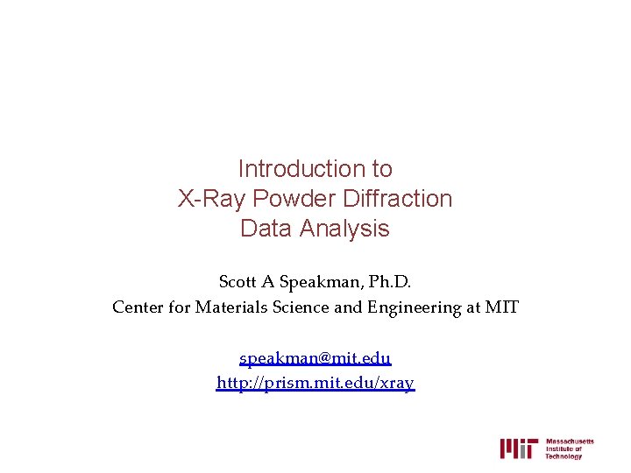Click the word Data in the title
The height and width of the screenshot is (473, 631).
266,229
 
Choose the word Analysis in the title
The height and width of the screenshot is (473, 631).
344,229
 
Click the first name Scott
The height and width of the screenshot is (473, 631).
237,282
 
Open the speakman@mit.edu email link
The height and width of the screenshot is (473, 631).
315,358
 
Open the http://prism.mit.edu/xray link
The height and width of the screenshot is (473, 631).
315,383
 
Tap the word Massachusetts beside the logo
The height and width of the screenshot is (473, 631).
570,441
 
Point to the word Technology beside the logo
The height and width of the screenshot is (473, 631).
564,456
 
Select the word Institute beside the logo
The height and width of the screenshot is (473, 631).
561,448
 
